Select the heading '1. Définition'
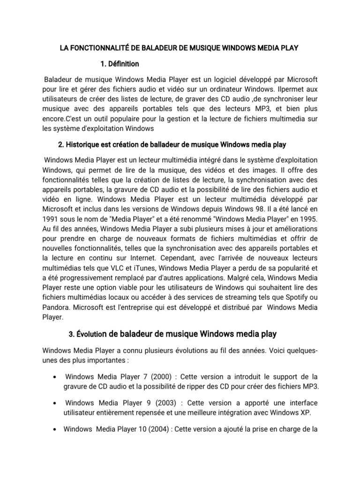click(120, 64)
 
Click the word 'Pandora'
click(55, 308)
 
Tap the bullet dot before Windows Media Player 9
click(56, 404)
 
